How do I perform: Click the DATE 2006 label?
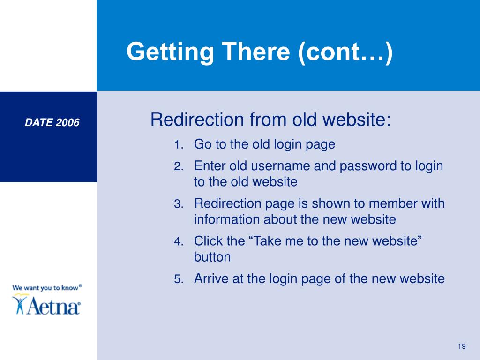(x=52, y=123)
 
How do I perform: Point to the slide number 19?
(x=462, y=346)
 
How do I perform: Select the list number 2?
(x=178, y=167)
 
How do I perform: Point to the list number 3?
(x=178, y=204)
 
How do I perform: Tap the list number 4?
(x=178, y=242)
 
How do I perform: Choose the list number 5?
(x=178, y=280)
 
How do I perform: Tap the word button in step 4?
(x=212, y=257)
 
